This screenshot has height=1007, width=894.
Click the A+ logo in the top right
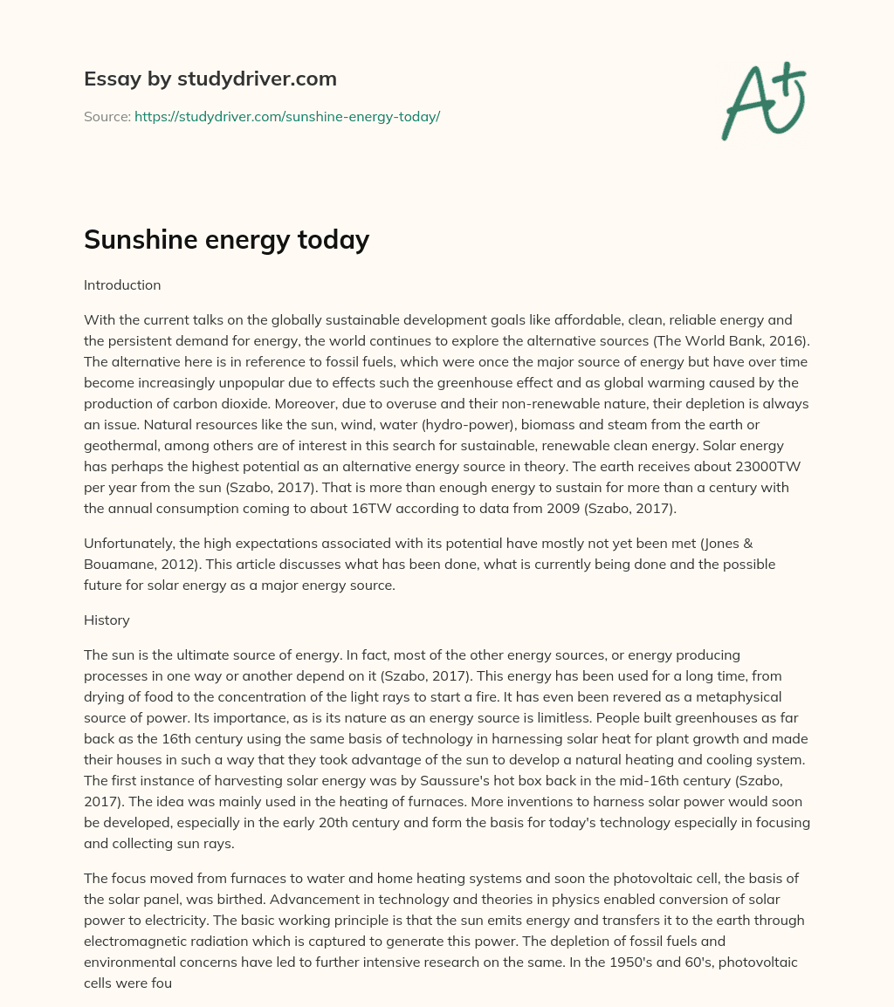(763, 101)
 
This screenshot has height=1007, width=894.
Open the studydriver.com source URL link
(286, 116)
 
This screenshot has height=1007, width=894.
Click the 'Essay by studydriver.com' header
(210, 79)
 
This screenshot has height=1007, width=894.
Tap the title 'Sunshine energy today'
(226, 239)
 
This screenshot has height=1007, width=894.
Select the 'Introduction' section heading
(122, 284)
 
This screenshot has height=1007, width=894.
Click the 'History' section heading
(107, 620)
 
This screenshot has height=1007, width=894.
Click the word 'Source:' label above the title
(107, 116)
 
